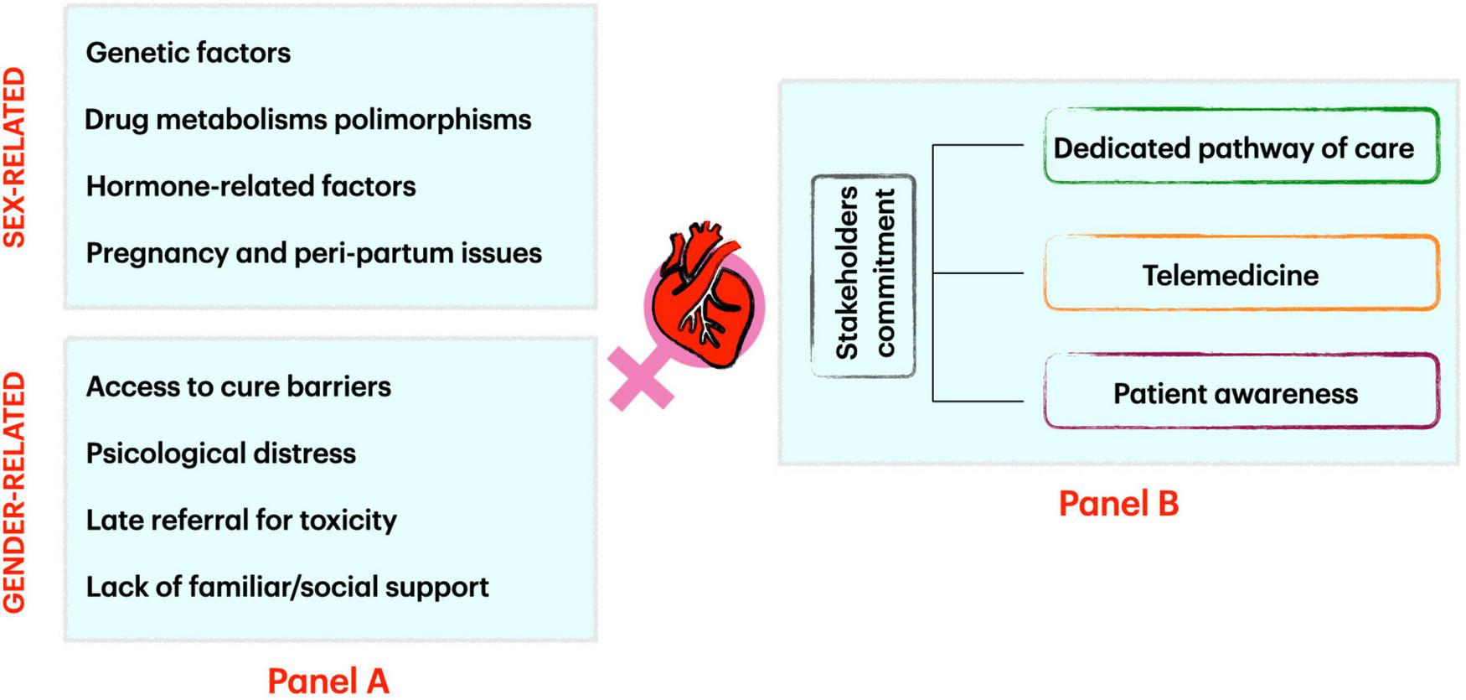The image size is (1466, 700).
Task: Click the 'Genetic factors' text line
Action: (x=188, y=53)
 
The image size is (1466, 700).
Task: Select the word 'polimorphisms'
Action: (x=432, y=120)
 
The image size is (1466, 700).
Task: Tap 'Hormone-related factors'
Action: (x=250, y=186)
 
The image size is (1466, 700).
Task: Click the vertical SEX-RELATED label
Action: (x=14, y=157)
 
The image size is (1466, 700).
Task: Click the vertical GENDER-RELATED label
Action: (x=14, y=492)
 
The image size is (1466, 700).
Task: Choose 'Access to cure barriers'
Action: (x=238, y=386)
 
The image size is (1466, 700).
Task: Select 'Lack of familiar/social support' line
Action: (x=286, y=587)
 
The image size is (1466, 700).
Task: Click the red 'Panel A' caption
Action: (x=328, y=681)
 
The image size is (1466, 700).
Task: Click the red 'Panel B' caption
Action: (x=1118, y=504)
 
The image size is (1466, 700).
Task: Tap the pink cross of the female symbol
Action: (x=641, y=378)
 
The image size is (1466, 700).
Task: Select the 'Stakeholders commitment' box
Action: (x=864, y=276)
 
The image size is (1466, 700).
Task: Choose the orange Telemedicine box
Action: (x=1241, y=273)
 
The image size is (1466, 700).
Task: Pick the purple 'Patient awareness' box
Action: (x=1241, y=391)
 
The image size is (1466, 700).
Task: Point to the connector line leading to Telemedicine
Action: (x=978, y=273)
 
